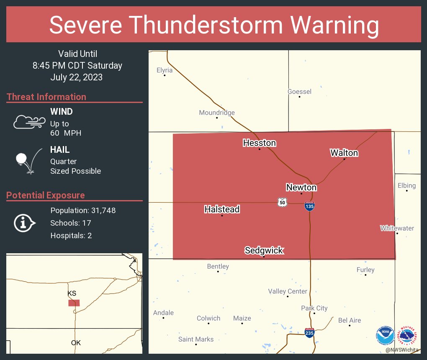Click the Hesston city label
pyautogui.click(x=260, y=143)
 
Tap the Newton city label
pyautogui.click(x=301, y=187)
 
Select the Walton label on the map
pyautogui.click(x=344, y=153)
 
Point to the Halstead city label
pyautogui.click(x=222, y=209)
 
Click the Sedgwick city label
pyautogui.click(x=264, y=250)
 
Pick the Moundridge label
pyautogui.click(x=217, y=113)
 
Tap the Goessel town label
pyautogui.click(x=299, y=92)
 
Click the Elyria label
pyautogui.click(x=165, y=70)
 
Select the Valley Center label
pyautogui.click(x=288, y=291)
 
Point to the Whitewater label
pyautogui.click(x=397, y=228)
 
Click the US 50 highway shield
pyautogui.click(x=282, y=203)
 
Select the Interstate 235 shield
pyautogui.click(x=309, y=333)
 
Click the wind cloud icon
pyautogui.click(x=29, y=121)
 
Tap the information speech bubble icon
pyautogui.click(x=25, y=223)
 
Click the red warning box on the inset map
pyautogui.click(x=74, y=303)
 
